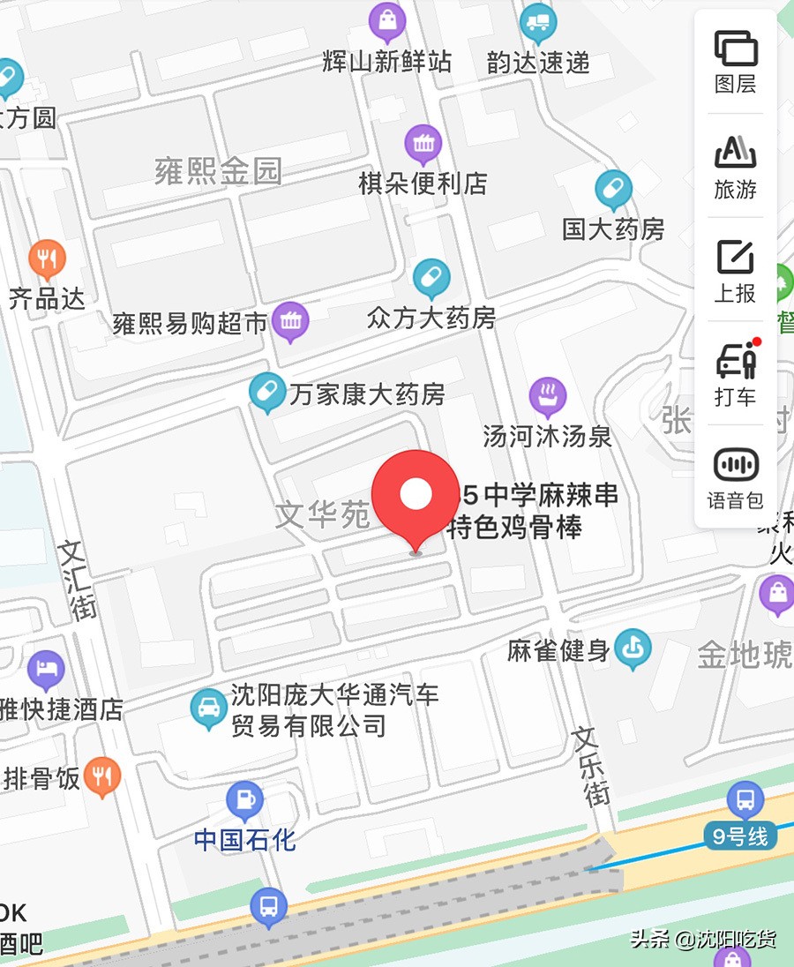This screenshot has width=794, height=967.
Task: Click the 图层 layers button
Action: [x=735, y=61]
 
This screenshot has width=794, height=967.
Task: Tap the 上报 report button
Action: [x=735, y=269]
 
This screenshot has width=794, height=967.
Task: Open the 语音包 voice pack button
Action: [x=735, y=477]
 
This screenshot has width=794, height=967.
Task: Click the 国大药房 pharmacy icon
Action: [x=613, y=189]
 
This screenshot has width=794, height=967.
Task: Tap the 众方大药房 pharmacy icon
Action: [x=431, y=278]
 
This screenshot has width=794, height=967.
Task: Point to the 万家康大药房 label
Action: [x=367, y=394]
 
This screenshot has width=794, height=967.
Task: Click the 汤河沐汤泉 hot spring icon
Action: [x=547, y=397]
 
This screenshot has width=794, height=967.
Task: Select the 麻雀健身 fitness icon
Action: [x=633, y=649]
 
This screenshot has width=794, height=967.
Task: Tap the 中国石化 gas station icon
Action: [x=244, y=800]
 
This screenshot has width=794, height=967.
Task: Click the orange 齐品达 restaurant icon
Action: [x=47, y=258]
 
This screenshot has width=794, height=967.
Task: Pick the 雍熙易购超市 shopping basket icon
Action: [x=290, y=321]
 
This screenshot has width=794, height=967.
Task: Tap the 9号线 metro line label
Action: [x=740, y=836]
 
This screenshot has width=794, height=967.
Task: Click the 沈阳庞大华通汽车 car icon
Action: [x=209, y=708]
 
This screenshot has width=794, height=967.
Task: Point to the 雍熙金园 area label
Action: [x=218, y=170]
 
